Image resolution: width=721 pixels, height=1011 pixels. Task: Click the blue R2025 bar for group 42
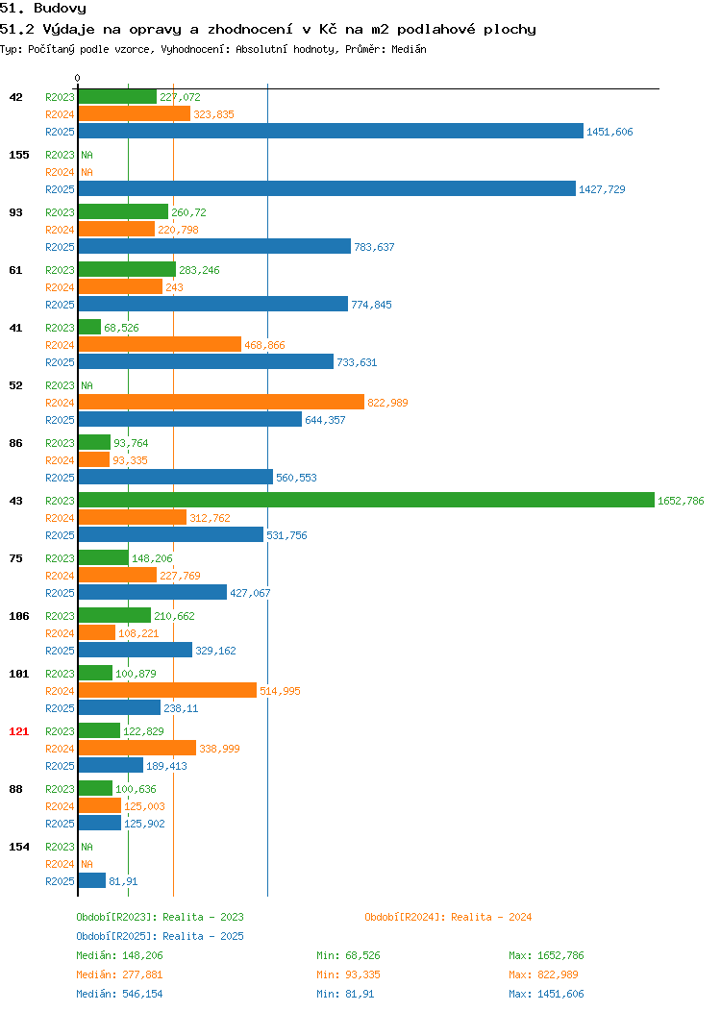331,131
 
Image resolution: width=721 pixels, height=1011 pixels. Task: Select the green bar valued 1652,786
366,500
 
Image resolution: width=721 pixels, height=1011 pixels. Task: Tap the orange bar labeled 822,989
221,402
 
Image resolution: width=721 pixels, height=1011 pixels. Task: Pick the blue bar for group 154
92,880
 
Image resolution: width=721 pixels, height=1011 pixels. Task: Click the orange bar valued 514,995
167,690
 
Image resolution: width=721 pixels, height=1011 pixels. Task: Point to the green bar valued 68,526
89,327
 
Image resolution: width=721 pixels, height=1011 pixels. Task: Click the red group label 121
18,731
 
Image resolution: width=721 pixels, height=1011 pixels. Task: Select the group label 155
18,155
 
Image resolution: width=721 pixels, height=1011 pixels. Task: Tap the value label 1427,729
602,189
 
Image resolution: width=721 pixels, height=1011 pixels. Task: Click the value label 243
174,287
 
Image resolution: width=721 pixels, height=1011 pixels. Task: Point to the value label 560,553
296,477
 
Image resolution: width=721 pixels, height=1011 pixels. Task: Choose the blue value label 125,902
144,824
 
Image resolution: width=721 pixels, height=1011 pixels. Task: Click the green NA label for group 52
87,385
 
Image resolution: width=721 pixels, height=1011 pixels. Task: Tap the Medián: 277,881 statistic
119,974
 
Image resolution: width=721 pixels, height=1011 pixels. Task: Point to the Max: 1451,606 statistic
546,994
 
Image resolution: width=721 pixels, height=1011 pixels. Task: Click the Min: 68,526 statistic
348,955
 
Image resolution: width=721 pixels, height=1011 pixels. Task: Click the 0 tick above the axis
78,78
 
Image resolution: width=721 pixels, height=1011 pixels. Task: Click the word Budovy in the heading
60,9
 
